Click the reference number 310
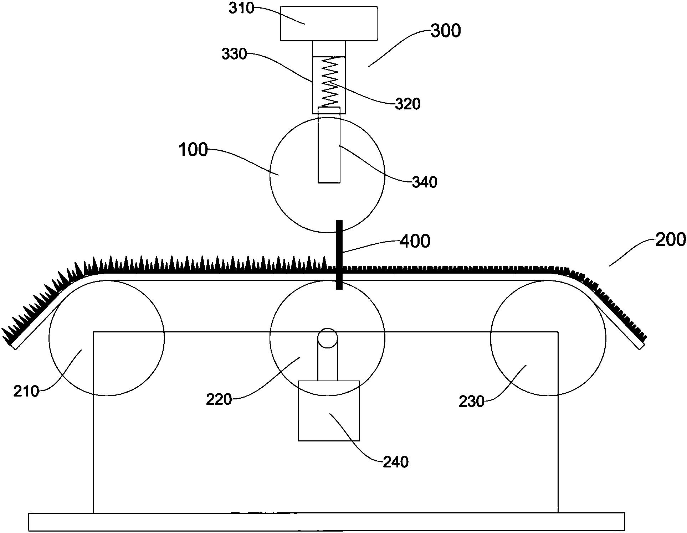point(241,8)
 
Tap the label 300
point(446,31)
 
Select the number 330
point(234,54)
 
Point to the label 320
point(408,104)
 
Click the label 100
point(193,150)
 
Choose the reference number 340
point(425,182)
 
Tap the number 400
point(415,241)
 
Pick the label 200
point(671,239)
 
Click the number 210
point(26,391)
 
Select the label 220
point(219,399)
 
